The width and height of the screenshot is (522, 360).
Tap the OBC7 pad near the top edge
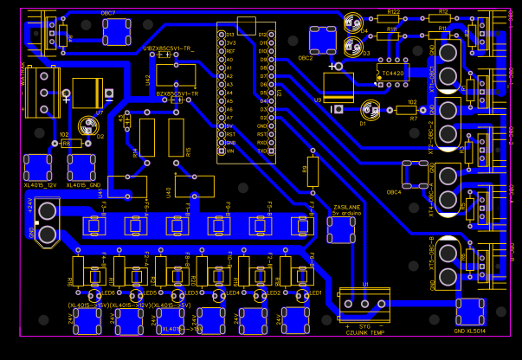(116, 32)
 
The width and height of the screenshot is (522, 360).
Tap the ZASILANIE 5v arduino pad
(341, 228)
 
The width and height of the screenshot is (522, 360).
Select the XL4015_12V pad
(39, 167)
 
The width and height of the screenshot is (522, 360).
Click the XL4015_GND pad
(83, 167)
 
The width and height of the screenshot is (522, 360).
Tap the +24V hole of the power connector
(48, 210)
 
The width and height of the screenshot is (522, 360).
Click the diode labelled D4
(352, 23)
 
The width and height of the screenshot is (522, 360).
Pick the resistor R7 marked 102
(412, 110)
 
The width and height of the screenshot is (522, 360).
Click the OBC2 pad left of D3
(323, 40)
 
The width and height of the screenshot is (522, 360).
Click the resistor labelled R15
(177, 138)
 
